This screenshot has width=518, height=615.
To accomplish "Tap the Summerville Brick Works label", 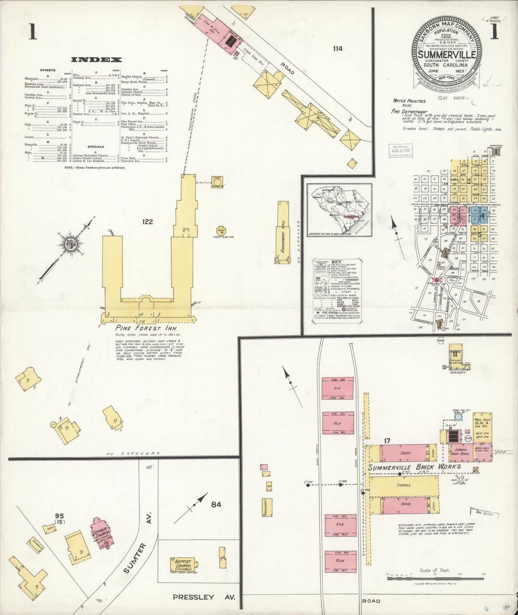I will click(x=415, y=467).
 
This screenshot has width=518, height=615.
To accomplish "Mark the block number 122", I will click(x=147, y=222).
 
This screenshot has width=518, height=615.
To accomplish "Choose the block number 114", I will click(x=337, y=49).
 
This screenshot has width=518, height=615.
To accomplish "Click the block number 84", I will click(x=216, y=504).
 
